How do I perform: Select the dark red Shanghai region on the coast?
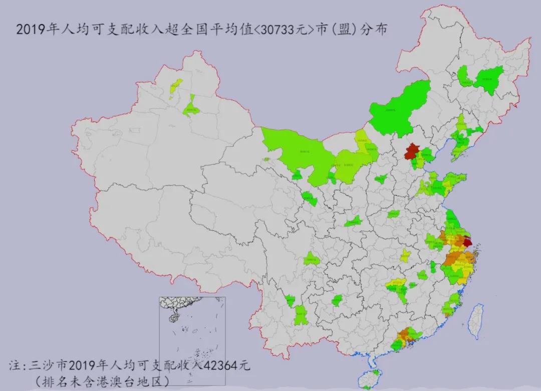[467, 242]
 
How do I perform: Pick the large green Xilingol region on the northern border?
[398, 110]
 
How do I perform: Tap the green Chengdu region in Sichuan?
[311, 259]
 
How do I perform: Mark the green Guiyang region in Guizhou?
[337, 301]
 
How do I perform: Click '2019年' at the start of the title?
[33, 30]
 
